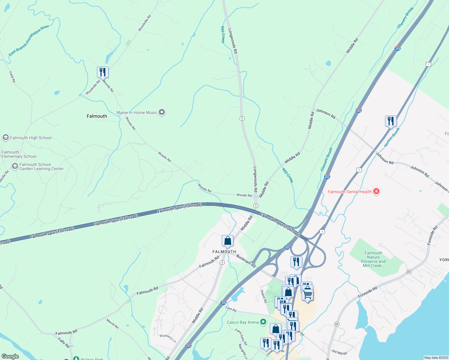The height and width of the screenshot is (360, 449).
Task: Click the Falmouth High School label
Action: [31, 138]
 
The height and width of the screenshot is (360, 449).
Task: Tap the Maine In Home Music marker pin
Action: [162, 112]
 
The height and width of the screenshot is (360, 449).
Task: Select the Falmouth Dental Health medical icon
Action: [376, 191]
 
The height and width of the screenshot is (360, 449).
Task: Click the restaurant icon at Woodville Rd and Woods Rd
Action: [103, 72]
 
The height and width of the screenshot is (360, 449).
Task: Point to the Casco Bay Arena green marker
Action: [263, 322]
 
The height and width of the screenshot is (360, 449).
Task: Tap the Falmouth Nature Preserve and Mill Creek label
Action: [373, 259]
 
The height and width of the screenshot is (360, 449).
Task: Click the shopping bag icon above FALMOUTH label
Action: [228, 241]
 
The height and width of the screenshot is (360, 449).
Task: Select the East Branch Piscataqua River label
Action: [29, 40]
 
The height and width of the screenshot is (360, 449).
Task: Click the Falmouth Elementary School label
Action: [19, 154]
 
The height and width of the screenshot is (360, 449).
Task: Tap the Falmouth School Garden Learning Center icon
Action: [15, 166]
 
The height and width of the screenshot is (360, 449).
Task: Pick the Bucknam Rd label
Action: [246, 261]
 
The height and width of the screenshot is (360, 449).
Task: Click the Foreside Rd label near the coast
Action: [367, 292]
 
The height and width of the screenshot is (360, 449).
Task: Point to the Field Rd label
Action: [12, 77]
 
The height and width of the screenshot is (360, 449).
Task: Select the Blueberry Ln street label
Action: [168, 338]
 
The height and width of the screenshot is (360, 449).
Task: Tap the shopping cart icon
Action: [308, 295]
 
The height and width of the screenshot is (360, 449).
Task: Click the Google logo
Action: [10, 356]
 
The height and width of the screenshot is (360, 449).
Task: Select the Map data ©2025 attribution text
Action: [436, 358]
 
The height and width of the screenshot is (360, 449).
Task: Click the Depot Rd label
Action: [264, 296]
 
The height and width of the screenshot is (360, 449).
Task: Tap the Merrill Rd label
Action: [112, 323]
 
